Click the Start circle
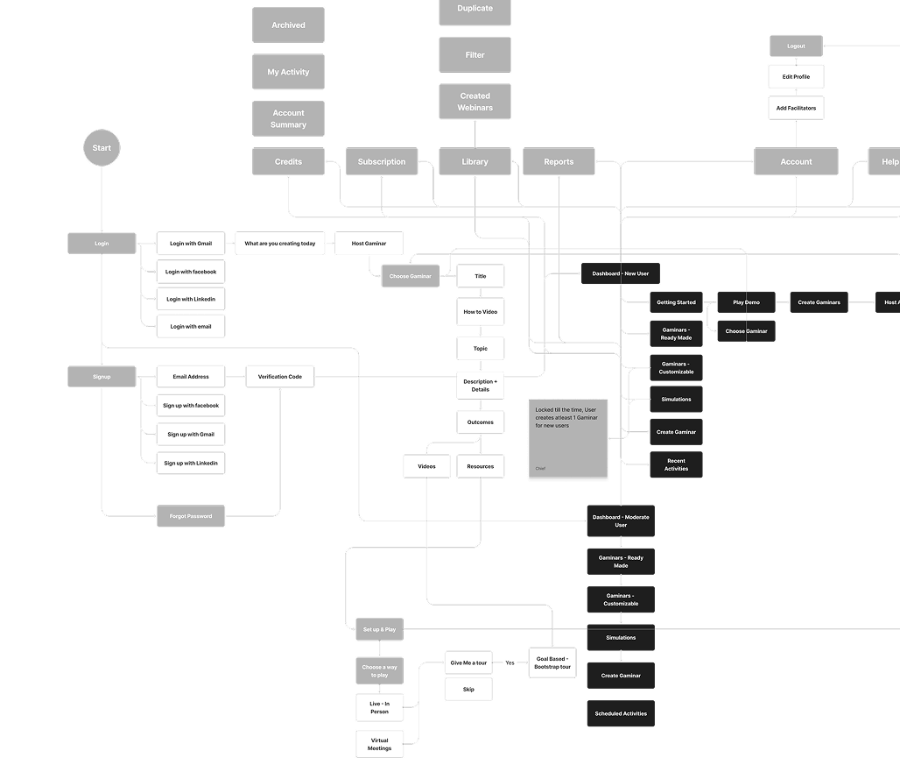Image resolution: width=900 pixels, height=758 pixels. [102, 148]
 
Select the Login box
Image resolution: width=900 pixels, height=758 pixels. [102, 244]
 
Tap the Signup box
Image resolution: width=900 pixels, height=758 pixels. [102, 377]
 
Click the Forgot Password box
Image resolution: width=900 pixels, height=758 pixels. [191, 516]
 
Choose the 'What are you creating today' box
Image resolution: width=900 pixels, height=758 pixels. [280, 244]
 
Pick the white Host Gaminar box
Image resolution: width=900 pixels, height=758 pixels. [369, 244]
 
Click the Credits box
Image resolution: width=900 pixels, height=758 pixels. [288, 161]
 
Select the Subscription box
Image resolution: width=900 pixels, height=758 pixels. [382, 161]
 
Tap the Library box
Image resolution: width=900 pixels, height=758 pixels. [475, 161]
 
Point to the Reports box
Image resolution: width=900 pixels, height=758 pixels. [559, 161]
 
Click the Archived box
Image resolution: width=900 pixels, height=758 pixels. [288, 25]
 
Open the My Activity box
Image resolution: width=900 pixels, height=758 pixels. [288, 72]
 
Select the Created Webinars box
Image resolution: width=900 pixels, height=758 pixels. [475, 102]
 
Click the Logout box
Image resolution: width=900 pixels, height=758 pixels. [796, 46]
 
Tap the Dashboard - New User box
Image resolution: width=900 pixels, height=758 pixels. [620, 274]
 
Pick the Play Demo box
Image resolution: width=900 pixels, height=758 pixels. [746, 302]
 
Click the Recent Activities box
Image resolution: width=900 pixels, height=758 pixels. [676, 464]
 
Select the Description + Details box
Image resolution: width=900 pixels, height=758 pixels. [480, 386]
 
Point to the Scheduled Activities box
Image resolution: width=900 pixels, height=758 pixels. [621, 713]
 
